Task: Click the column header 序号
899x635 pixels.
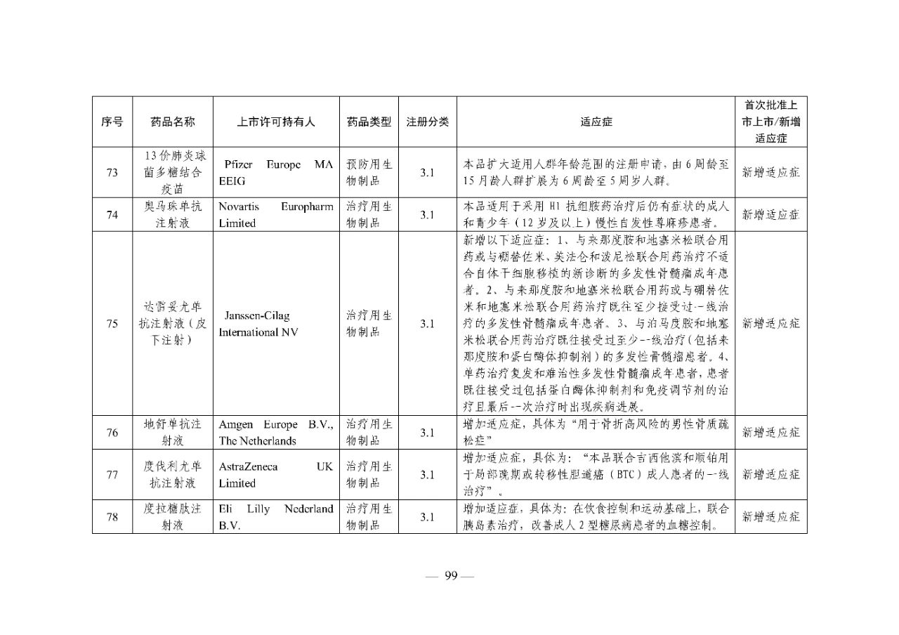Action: (112, 122)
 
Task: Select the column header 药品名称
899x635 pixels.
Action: (173, 122)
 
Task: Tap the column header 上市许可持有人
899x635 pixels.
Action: (276, 122)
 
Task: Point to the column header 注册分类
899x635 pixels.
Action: (428, 122)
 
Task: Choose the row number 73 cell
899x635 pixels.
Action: (112, 172)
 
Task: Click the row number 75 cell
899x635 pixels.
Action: (112, 324)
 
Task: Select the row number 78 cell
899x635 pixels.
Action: (112, 517)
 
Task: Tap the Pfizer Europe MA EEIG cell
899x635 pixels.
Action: (276, 172)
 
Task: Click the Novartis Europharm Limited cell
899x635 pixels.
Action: (276, 215)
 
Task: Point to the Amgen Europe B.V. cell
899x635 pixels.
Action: (276, 433)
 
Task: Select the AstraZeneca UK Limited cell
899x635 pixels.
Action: (276, 475)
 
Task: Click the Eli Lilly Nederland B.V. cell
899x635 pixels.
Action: (276, 517)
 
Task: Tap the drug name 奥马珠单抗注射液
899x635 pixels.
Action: (173, 215)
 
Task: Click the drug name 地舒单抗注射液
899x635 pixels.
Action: (173, 433)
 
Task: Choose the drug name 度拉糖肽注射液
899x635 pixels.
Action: (173, 517)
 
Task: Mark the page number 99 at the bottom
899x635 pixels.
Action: (450, 576)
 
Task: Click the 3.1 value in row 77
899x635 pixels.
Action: (428, 475)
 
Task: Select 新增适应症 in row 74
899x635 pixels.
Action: (770, 215)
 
